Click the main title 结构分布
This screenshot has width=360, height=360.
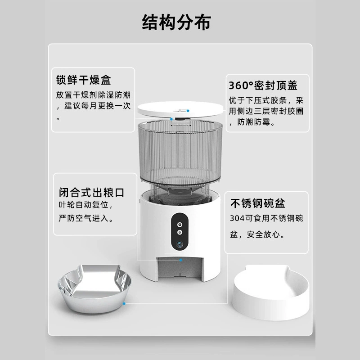coord(176,22)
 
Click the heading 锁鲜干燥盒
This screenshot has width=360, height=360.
coord(84,80)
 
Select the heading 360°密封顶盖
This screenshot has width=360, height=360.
coord(263,85)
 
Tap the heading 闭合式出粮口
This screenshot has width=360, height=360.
coord(92,193)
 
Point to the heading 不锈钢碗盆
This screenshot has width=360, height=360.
coord(257,203)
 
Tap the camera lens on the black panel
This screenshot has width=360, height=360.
coord(180,244)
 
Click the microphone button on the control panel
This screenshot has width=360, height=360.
coord(180,232)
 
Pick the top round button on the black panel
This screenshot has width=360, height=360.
coord(180,224)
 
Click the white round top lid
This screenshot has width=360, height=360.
coord(180,110)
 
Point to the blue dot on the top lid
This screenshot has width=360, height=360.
coord(188,111)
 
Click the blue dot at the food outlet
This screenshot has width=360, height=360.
coord(181,260)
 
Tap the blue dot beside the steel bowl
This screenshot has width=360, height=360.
coord(124,303)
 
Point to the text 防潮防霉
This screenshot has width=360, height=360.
coord(254,122)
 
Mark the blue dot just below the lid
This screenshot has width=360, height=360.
coord(171,119)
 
